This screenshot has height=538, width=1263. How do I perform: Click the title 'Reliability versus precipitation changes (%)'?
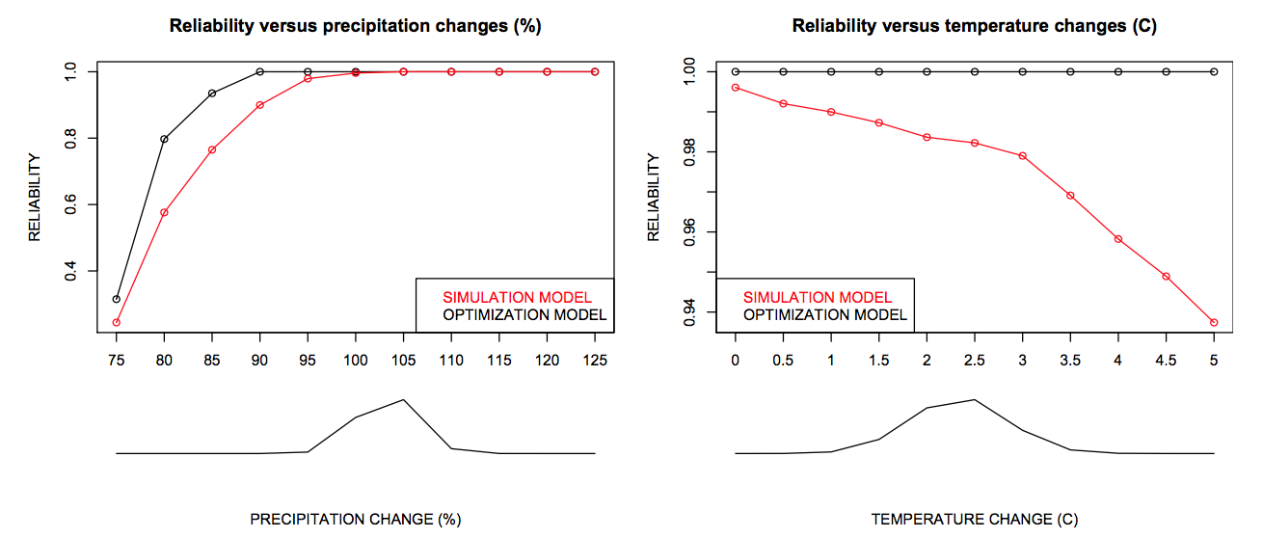click(355, 27)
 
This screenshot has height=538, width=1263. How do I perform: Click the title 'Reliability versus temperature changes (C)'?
click(974, 27)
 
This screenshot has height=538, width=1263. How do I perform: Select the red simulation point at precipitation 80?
click(164, 212)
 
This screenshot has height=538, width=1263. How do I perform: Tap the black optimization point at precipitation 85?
click(212, 94)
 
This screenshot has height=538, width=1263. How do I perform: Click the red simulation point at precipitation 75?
click(117, 322)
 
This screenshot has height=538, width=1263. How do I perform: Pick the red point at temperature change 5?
click(1214, 322)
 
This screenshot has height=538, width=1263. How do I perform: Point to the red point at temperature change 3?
click(1022, 155)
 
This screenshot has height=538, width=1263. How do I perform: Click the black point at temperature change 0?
click(736, 71)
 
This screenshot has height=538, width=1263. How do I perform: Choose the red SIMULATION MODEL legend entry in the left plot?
click(517, 297)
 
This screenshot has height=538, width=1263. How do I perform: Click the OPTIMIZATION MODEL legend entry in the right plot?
click(825, 314)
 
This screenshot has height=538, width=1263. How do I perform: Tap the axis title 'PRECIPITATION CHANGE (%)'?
click(355, 520)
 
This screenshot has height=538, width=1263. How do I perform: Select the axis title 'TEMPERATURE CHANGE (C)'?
click(974, 520)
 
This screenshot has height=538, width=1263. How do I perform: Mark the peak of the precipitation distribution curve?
click(403, 399)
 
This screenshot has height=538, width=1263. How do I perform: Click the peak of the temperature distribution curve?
click(975, 399)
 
